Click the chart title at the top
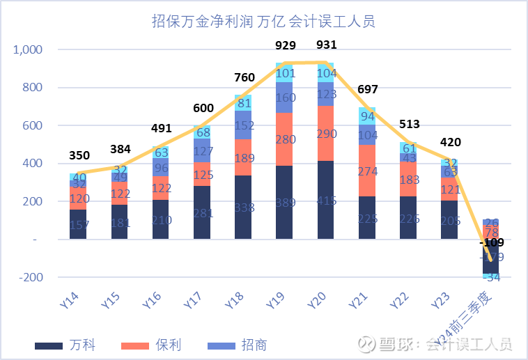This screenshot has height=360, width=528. [x=263, y=22]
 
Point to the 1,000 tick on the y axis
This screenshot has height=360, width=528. [x=29, y=50]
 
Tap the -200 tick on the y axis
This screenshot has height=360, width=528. [x=31, y=277]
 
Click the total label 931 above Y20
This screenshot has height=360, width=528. [x=326, y=45]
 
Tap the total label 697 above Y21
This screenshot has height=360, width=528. [x=368, y=90]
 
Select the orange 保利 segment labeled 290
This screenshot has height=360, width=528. [x=326, y=133]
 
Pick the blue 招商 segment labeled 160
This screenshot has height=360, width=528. [x=285, y=97]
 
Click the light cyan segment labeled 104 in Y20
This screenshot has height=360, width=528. [x=326, y=72]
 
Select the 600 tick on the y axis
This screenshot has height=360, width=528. [x=31, y=126]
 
